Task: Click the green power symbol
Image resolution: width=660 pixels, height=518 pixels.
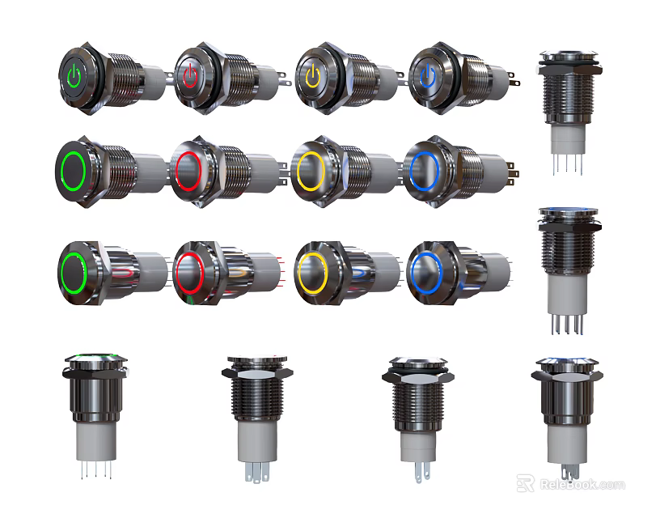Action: coord(74,76)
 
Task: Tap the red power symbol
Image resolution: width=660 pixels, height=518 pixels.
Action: coord(189,77)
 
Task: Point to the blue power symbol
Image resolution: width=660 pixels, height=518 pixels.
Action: coord(426,78)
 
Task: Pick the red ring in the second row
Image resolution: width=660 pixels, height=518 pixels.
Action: coord(187,171)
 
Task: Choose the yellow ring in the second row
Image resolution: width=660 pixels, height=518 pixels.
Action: coord(309,171)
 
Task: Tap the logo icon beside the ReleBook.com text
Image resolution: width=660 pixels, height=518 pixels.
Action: coord(525,483)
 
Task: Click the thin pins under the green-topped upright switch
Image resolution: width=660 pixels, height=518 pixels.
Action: coord(95,470)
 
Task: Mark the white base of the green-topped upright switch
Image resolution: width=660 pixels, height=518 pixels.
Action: coord(95,441)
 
